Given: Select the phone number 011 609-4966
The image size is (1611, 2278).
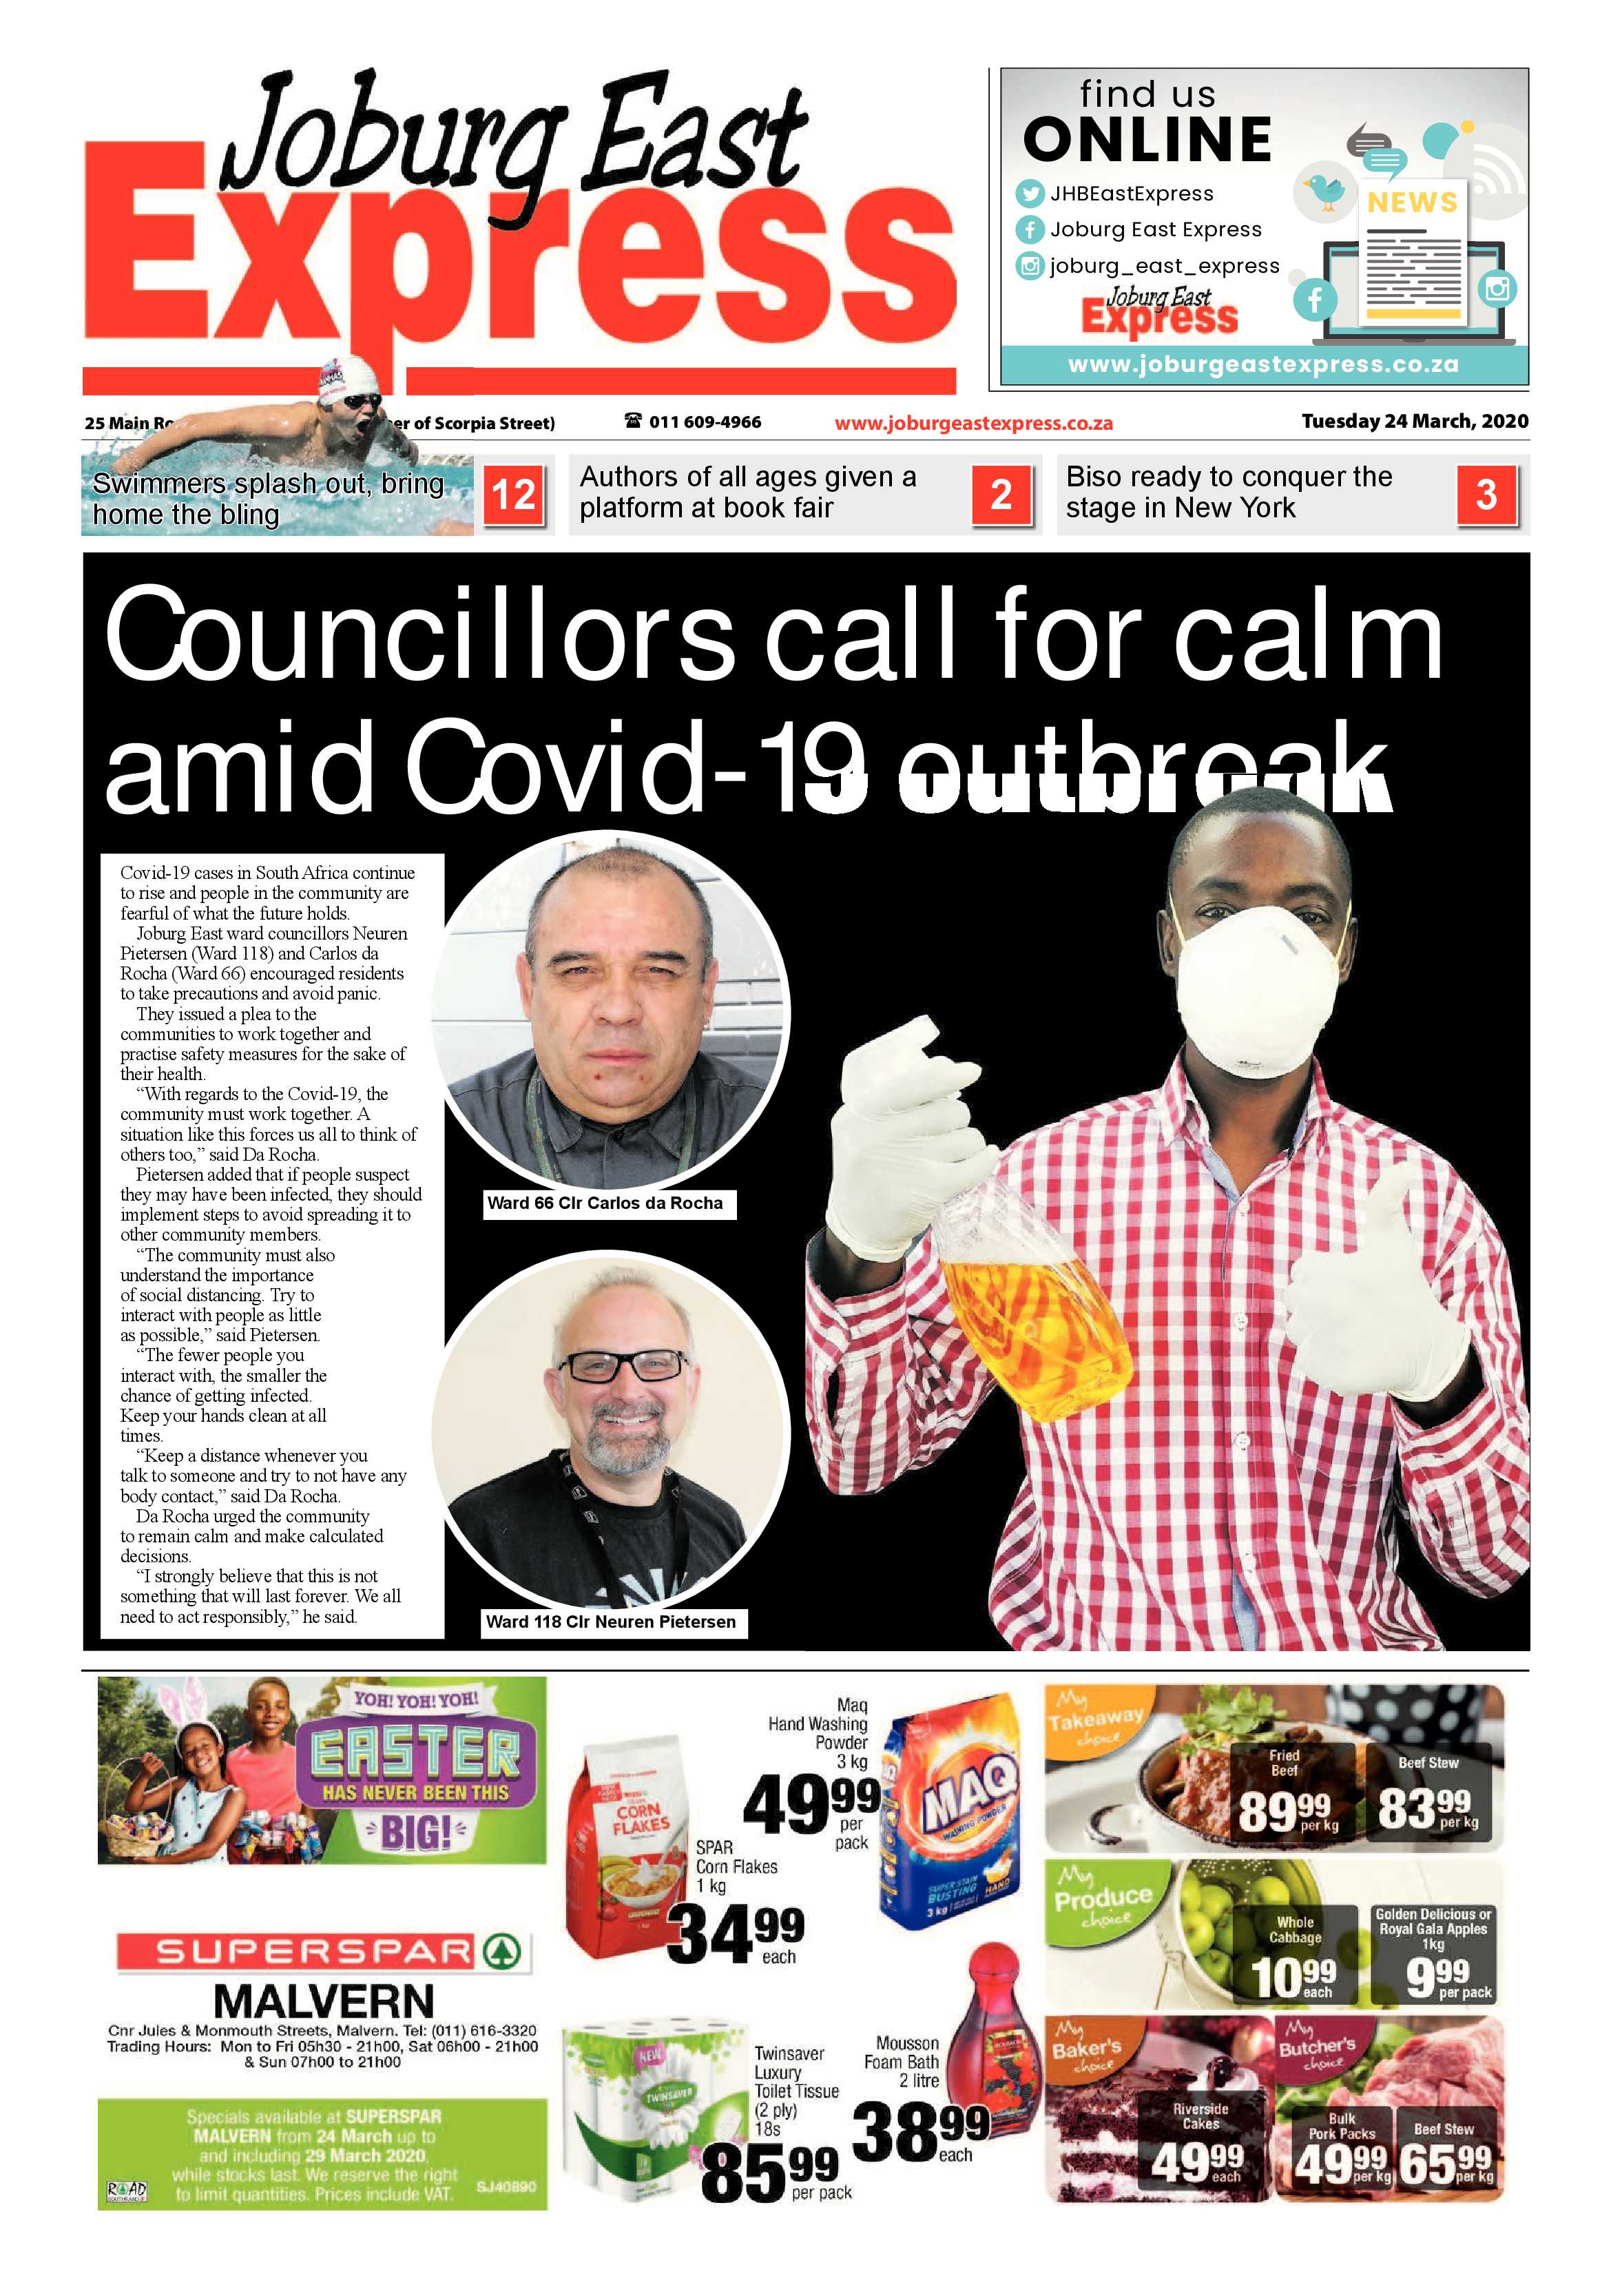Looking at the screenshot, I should coord(694,422).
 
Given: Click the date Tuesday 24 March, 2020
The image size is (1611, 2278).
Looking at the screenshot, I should coord(1415,421).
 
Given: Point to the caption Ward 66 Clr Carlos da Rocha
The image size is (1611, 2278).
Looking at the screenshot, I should coord(605,1203).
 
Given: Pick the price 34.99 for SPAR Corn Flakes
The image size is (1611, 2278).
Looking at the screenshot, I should coord(734,1935).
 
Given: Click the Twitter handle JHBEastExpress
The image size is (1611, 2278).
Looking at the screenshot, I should coord(1131,194).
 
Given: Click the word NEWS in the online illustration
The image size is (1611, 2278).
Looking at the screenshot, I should coord(1412,203).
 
